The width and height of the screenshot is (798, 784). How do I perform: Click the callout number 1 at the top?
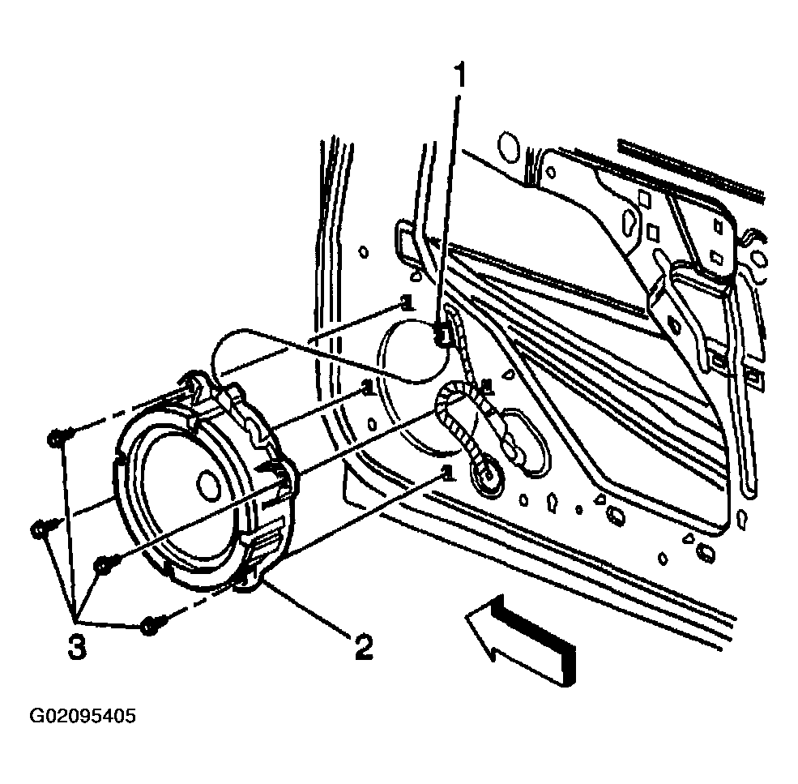[459, 76]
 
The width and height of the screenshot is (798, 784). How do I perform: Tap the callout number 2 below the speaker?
[364, 647]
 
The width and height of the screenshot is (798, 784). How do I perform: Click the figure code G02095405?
[83, 716]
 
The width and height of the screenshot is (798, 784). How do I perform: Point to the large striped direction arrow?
[522, 640]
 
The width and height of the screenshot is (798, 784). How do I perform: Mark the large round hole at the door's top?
[507, 147]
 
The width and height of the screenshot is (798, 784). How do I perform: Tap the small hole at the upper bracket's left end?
[550, 172]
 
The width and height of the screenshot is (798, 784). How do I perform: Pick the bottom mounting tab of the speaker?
[250, 582]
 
